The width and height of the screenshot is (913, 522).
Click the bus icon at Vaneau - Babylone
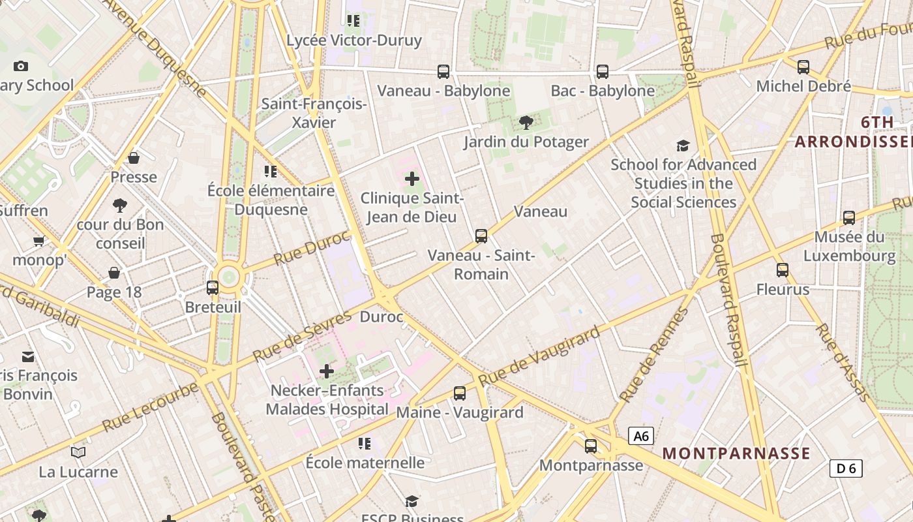point(443,71)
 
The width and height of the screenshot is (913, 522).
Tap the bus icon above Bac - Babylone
point(603,71)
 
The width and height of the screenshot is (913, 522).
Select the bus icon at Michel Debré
point(803,67)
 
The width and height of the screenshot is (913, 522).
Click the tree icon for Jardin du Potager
point(526,122)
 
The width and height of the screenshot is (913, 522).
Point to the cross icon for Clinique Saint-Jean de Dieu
point(412,178)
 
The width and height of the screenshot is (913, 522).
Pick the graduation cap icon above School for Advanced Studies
point(683,146)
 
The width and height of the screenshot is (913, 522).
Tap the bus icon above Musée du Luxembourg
point(849,217)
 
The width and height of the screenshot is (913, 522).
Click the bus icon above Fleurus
point(783,269)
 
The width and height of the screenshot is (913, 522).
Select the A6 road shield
point(641,436)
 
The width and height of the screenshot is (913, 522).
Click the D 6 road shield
point(846,468)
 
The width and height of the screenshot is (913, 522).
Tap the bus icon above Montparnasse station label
point(591,446)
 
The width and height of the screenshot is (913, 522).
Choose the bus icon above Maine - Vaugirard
point(460,393)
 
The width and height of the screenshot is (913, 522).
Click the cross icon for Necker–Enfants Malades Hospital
point(327,371)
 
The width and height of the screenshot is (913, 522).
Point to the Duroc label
point(382,317)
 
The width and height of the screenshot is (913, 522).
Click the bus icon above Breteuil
point(213,287)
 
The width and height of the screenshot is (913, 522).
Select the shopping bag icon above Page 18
point(114,272)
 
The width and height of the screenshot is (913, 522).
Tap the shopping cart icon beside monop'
point(39,241)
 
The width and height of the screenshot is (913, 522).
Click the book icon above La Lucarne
point(78,452)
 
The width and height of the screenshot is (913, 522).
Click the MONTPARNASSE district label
point(736,453)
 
